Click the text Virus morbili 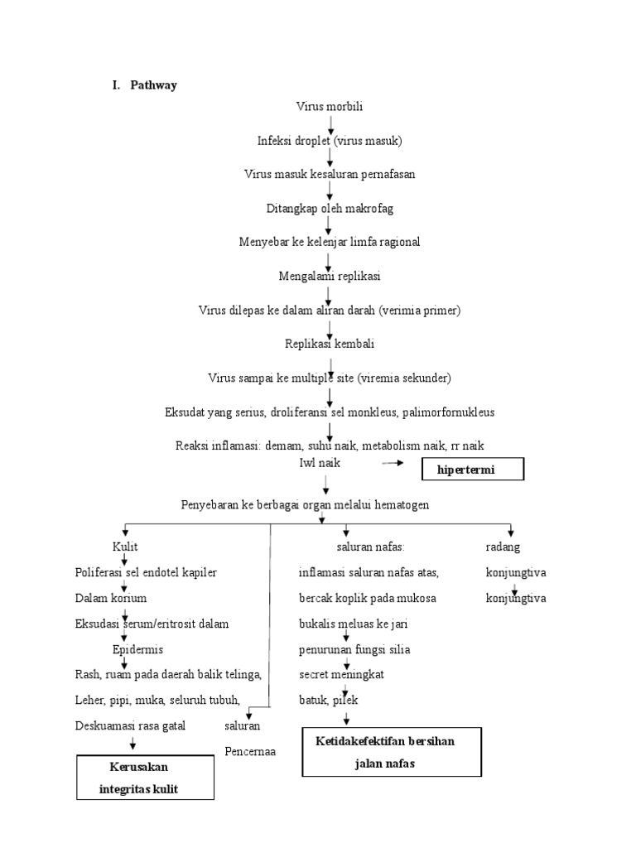point(330,106)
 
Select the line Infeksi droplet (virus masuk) point(329,141)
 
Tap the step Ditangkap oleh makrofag point(330,208)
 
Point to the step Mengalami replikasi point(329,276)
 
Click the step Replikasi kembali point(330,343)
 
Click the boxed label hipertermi point(474,470)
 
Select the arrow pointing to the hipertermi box point(397,465)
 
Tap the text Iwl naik point(320,463)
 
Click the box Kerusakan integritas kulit point(145,778)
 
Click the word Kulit point(125,547)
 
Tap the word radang point(503,547)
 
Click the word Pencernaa point(250,752)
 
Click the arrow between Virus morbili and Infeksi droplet point(330,124)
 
